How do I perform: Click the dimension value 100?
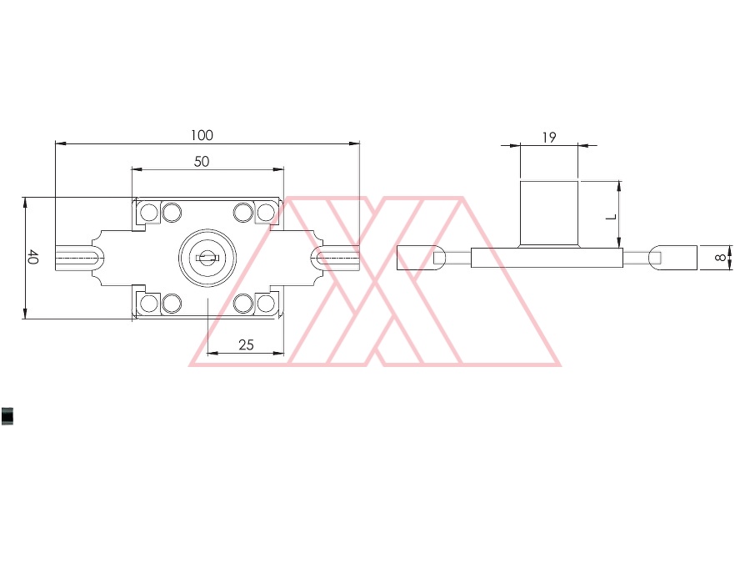(x=202, y=135)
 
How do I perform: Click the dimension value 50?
(x=202, y=161)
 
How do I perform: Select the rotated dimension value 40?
(x=32, y=257)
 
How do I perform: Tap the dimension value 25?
(x=246, y=344)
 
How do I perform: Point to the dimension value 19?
(x=549, y=138)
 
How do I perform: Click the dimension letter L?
(x=612, y=218)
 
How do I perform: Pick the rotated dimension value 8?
(x=720, y=258)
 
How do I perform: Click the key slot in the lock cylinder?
(x=207, y=258)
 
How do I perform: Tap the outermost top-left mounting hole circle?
(x=149, y=212)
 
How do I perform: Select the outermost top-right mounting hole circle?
(x=266, y=212)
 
